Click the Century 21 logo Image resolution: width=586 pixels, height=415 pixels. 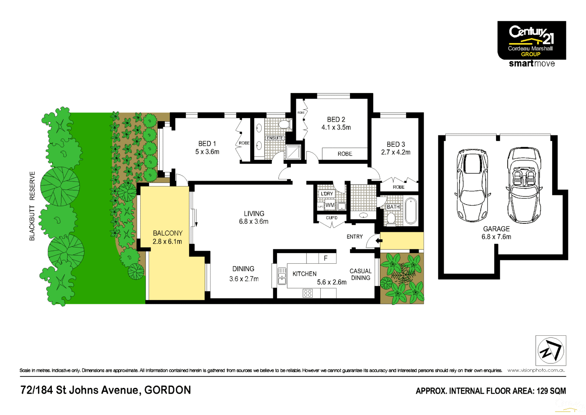click(x=531, y=40)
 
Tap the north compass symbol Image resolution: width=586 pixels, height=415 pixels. click(x=550, y=350)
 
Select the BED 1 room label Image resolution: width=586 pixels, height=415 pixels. click(x=207, y=144)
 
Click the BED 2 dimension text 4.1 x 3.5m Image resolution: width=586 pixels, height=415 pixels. click(x=336, y=127)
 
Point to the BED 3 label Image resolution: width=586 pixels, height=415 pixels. click(x=396, y=144)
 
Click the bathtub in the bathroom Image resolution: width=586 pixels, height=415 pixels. click(x=411, y=212)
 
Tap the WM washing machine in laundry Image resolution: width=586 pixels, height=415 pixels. click(x=330, y=205)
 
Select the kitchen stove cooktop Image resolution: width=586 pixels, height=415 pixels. click(x=308, y=293)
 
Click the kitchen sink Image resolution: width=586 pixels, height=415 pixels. click(x=282, y=276)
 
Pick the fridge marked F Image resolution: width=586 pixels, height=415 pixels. click(x=326, y=258)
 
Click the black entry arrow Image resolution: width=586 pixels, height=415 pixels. click(x=379, y=241)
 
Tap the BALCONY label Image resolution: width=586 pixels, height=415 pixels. click(x=167, y=233)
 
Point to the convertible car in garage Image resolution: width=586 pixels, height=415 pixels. click(x=524, y=185)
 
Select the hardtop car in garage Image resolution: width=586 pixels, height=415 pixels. click(x=473, y=185)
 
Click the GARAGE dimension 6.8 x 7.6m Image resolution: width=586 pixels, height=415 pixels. click(x=496, y=237)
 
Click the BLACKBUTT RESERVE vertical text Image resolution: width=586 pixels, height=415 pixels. click(x=32, y=206)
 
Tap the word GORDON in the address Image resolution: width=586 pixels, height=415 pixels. click(x=167, y=390)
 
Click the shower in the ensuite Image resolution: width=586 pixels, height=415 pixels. click(x=293, y=152)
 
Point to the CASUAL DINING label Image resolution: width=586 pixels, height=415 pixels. click(x=360, y=275)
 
